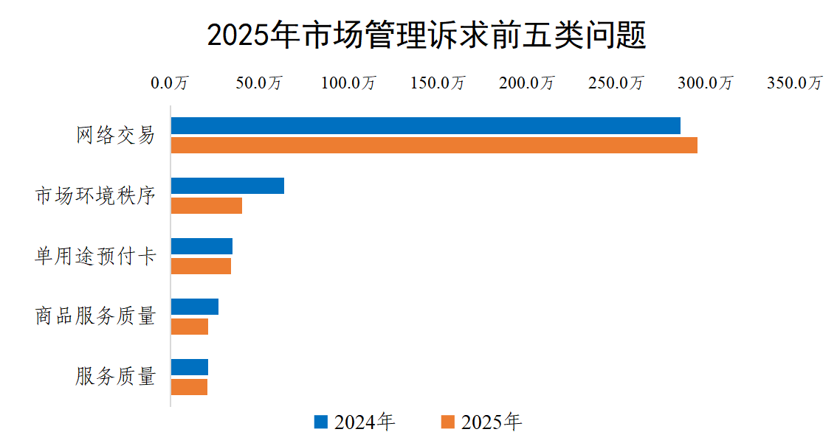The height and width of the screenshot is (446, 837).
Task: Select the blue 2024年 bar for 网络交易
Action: coord(425,126)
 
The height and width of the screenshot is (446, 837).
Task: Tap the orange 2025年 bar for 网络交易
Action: coord(434,145)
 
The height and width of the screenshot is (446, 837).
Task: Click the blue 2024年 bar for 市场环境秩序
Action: coord(227,186)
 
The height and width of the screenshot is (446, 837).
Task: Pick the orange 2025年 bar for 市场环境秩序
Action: coord(207,206)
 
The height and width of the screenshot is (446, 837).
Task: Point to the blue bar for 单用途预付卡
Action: coord(201,246)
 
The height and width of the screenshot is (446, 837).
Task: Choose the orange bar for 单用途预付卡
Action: coord(201,266)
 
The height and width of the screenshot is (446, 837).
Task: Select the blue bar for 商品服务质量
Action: coord(195,307)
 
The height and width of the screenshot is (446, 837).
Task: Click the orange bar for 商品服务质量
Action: coord(190,327)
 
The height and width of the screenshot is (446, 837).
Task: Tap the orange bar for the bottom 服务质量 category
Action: coord(189,387)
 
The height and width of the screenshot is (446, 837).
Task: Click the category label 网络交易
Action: coord(116,136)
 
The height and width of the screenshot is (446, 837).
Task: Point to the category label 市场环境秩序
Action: coord(96,196)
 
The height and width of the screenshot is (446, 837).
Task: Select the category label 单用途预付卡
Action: coord(96,257)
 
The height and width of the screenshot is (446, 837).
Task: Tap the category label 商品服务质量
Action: coord(96,317)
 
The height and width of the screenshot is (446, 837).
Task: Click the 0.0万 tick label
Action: coord(170,83)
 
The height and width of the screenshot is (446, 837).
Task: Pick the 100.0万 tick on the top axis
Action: coord(348,83)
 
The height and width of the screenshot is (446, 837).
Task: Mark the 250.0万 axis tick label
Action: coord(616,83)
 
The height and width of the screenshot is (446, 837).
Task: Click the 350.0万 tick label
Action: coord(794,83)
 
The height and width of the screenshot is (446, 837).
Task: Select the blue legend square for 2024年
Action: coord(320,422)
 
